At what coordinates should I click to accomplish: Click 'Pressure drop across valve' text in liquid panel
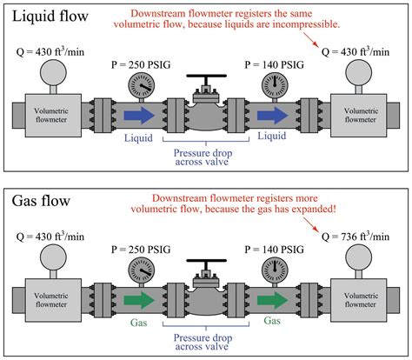[x=206, y=155]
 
